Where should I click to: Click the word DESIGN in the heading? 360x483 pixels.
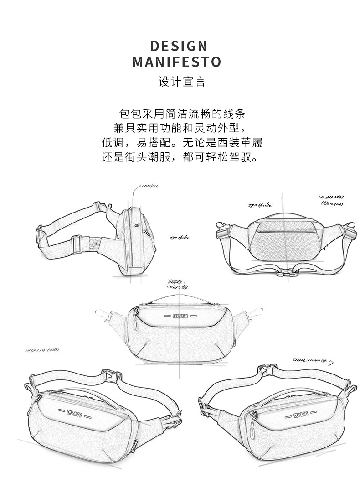(179, 46)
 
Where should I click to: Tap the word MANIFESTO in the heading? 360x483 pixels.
(177, 62)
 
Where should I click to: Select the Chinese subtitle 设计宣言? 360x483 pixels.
(182, 82)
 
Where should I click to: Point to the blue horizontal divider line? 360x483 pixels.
(181, 99)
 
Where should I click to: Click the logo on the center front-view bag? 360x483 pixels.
(181, 316)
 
